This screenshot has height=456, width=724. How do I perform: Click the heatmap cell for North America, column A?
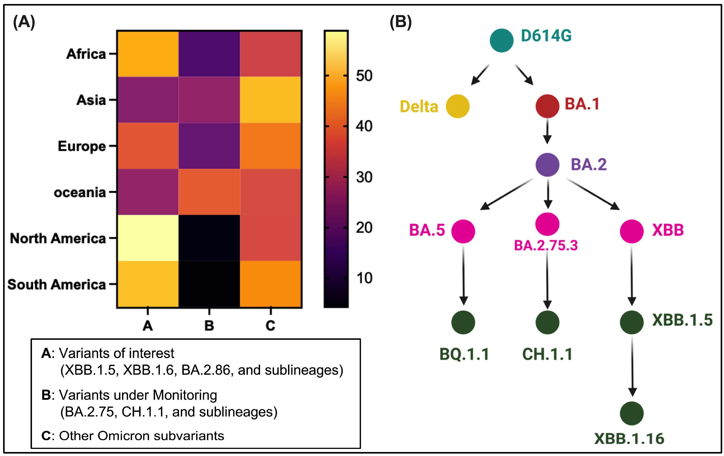coord(148,238)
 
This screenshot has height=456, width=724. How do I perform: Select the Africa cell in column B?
coord(209,54)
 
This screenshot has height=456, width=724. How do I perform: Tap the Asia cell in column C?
coord(271,100)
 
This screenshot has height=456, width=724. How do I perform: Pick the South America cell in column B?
coord(209,284)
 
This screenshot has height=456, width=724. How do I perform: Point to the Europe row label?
coord(82,146)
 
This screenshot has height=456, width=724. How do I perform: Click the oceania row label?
coord(80,192)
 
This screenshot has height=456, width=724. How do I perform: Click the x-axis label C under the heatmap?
coord(270,325)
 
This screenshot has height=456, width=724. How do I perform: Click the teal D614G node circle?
coord(501,40)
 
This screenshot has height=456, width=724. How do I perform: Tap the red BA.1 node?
coord(547,106)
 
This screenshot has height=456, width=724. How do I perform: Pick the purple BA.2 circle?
coord(547,165)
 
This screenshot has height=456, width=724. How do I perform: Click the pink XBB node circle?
coord(631,231)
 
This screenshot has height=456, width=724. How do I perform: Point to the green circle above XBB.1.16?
coord(631,413)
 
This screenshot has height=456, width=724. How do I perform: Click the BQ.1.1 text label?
coord(464,354)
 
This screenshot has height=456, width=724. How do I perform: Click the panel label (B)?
coord(400,22)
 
